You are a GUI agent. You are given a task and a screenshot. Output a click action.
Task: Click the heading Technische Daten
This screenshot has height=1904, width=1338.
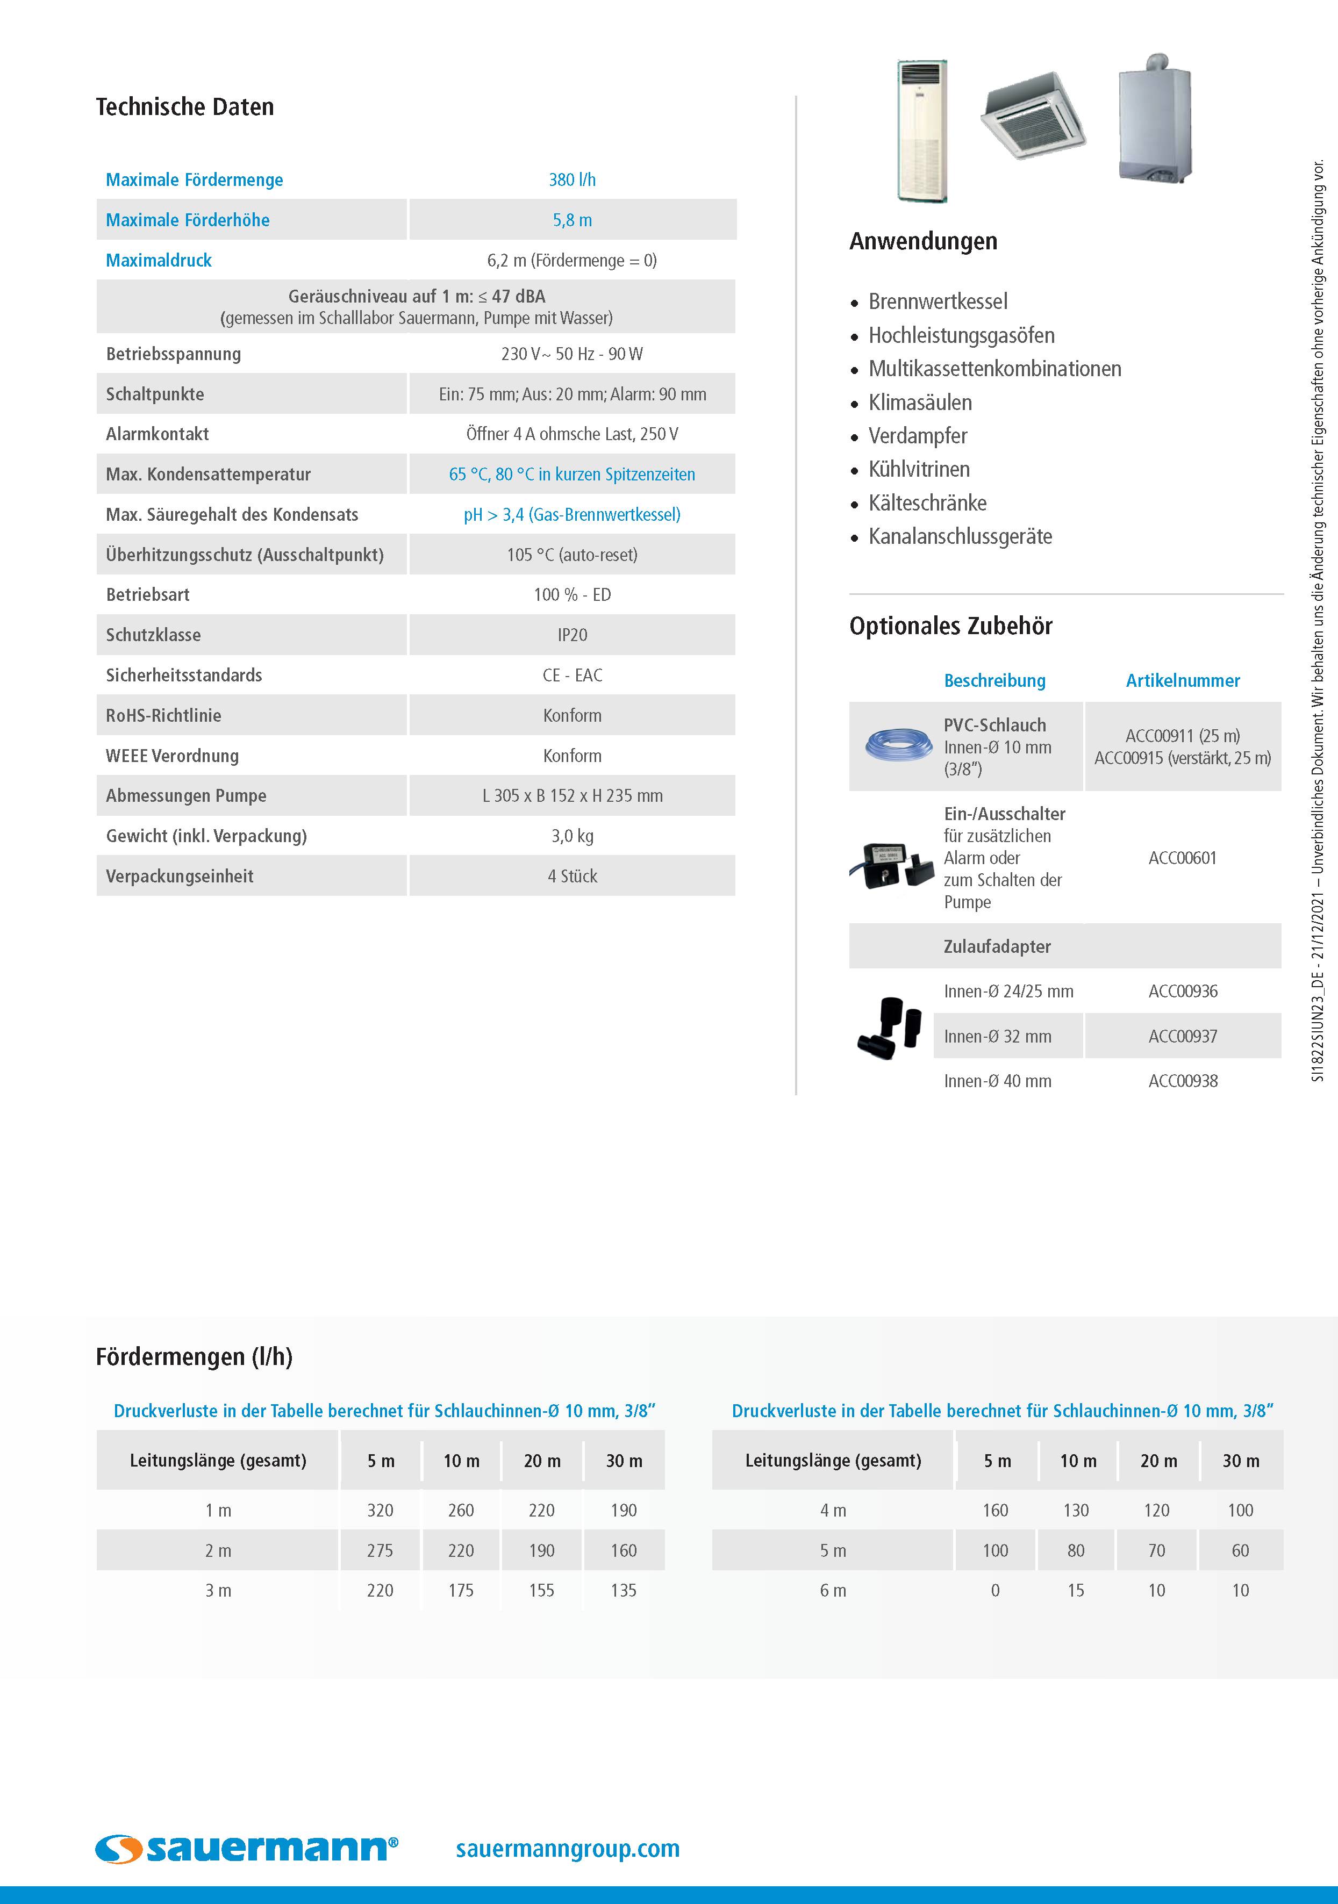tap(184, 107)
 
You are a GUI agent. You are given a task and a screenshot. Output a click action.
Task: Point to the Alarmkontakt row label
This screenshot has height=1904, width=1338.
tap(158, 434)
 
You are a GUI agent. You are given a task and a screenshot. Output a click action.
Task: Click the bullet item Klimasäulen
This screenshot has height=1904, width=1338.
tap(919, 403)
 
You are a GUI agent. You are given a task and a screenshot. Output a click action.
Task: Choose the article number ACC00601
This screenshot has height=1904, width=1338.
tap(1182, 858)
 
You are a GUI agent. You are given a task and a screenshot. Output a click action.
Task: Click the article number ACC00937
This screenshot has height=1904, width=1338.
tap(1182, 1037)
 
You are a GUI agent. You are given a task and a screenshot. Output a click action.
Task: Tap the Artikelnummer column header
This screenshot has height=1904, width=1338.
tap(1182, 681)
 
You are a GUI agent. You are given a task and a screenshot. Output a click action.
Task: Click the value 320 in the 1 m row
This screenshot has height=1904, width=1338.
tap(380, 1510)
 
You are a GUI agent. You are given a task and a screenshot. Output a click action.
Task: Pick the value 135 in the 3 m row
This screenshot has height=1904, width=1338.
tap(623, 1591)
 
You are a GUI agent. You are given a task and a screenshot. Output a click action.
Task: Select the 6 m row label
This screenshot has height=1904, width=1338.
tap(833, 1591)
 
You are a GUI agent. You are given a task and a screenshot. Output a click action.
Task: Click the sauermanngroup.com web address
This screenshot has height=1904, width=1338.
tap(567, 1849)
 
